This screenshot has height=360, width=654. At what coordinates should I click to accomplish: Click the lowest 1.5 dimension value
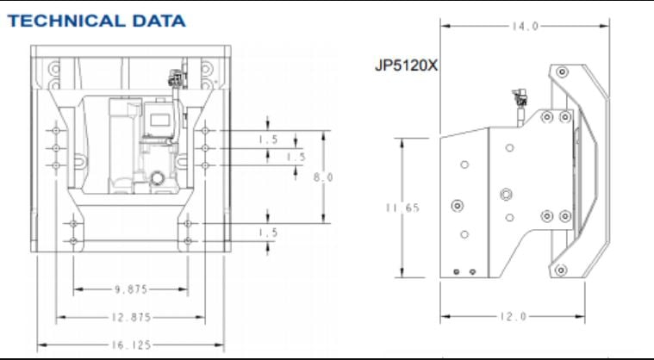tap(269, 233)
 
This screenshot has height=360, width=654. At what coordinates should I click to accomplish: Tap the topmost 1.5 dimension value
tap(269, 139)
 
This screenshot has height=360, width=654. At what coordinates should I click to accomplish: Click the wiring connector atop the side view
tap(520, 96)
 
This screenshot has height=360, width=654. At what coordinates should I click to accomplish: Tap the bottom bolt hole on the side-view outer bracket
tap(562, 270)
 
